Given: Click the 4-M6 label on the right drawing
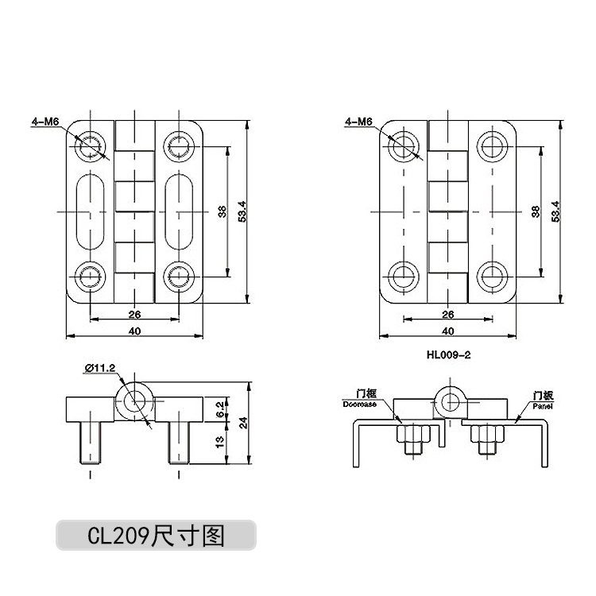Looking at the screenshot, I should [359, 122].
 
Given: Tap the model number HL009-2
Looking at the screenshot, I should [449, 355].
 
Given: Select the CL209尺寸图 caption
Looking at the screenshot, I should [156, 536].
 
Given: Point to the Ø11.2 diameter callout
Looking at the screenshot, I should [100, 366].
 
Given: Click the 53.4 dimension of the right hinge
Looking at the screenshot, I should [556, 211].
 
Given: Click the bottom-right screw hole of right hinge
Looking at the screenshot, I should [493, 277].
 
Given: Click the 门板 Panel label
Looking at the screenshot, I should [542, 399].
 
